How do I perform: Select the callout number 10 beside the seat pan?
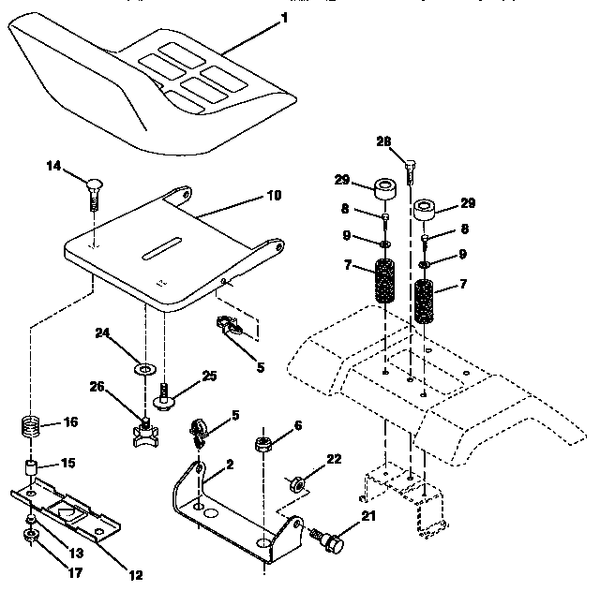point(273,198)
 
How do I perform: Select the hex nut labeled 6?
point(263,439)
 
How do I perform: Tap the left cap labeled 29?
point(384,188)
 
